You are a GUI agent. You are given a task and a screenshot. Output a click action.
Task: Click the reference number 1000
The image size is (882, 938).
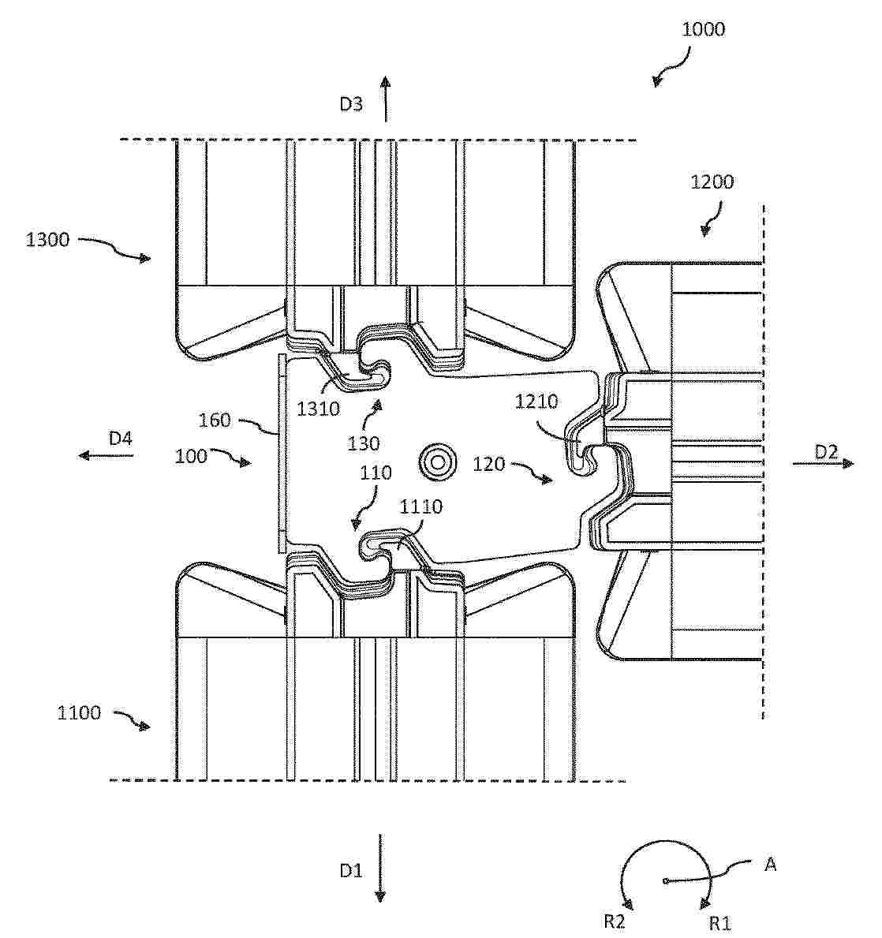pyautogui.click(x=703, y=29)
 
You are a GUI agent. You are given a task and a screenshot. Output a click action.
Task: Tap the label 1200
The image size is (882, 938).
pyautogui.click(x=712, y=182)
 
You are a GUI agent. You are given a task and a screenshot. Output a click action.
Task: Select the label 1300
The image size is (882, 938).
pyautogui.click(x=47, y=240)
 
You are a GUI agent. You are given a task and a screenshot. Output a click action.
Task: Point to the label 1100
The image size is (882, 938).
pyautogui.click(x=79, y=712)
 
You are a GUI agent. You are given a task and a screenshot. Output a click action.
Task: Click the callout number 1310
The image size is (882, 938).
pyautogui.click(x=319, y=409)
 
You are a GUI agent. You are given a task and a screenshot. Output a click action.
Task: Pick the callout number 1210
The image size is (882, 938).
pyautogui.click(x=536, y=402)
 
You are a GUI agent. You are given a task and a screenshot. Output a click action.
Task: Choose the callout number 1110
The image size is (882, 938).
pyautogui.click(x=420, y=507)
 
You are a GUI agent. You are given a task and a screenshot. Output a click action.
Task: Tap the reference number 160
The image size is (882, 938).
pyautogui.click(x=215, y=420)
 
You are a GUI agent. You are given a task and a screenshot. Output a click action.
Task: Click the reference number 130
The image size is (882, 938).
pyautogui.click(x=363, y=443)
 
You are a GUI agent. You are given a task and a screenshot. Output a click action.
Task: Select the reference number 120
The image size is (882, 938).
pyautogui.click(x=489, y=464)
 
